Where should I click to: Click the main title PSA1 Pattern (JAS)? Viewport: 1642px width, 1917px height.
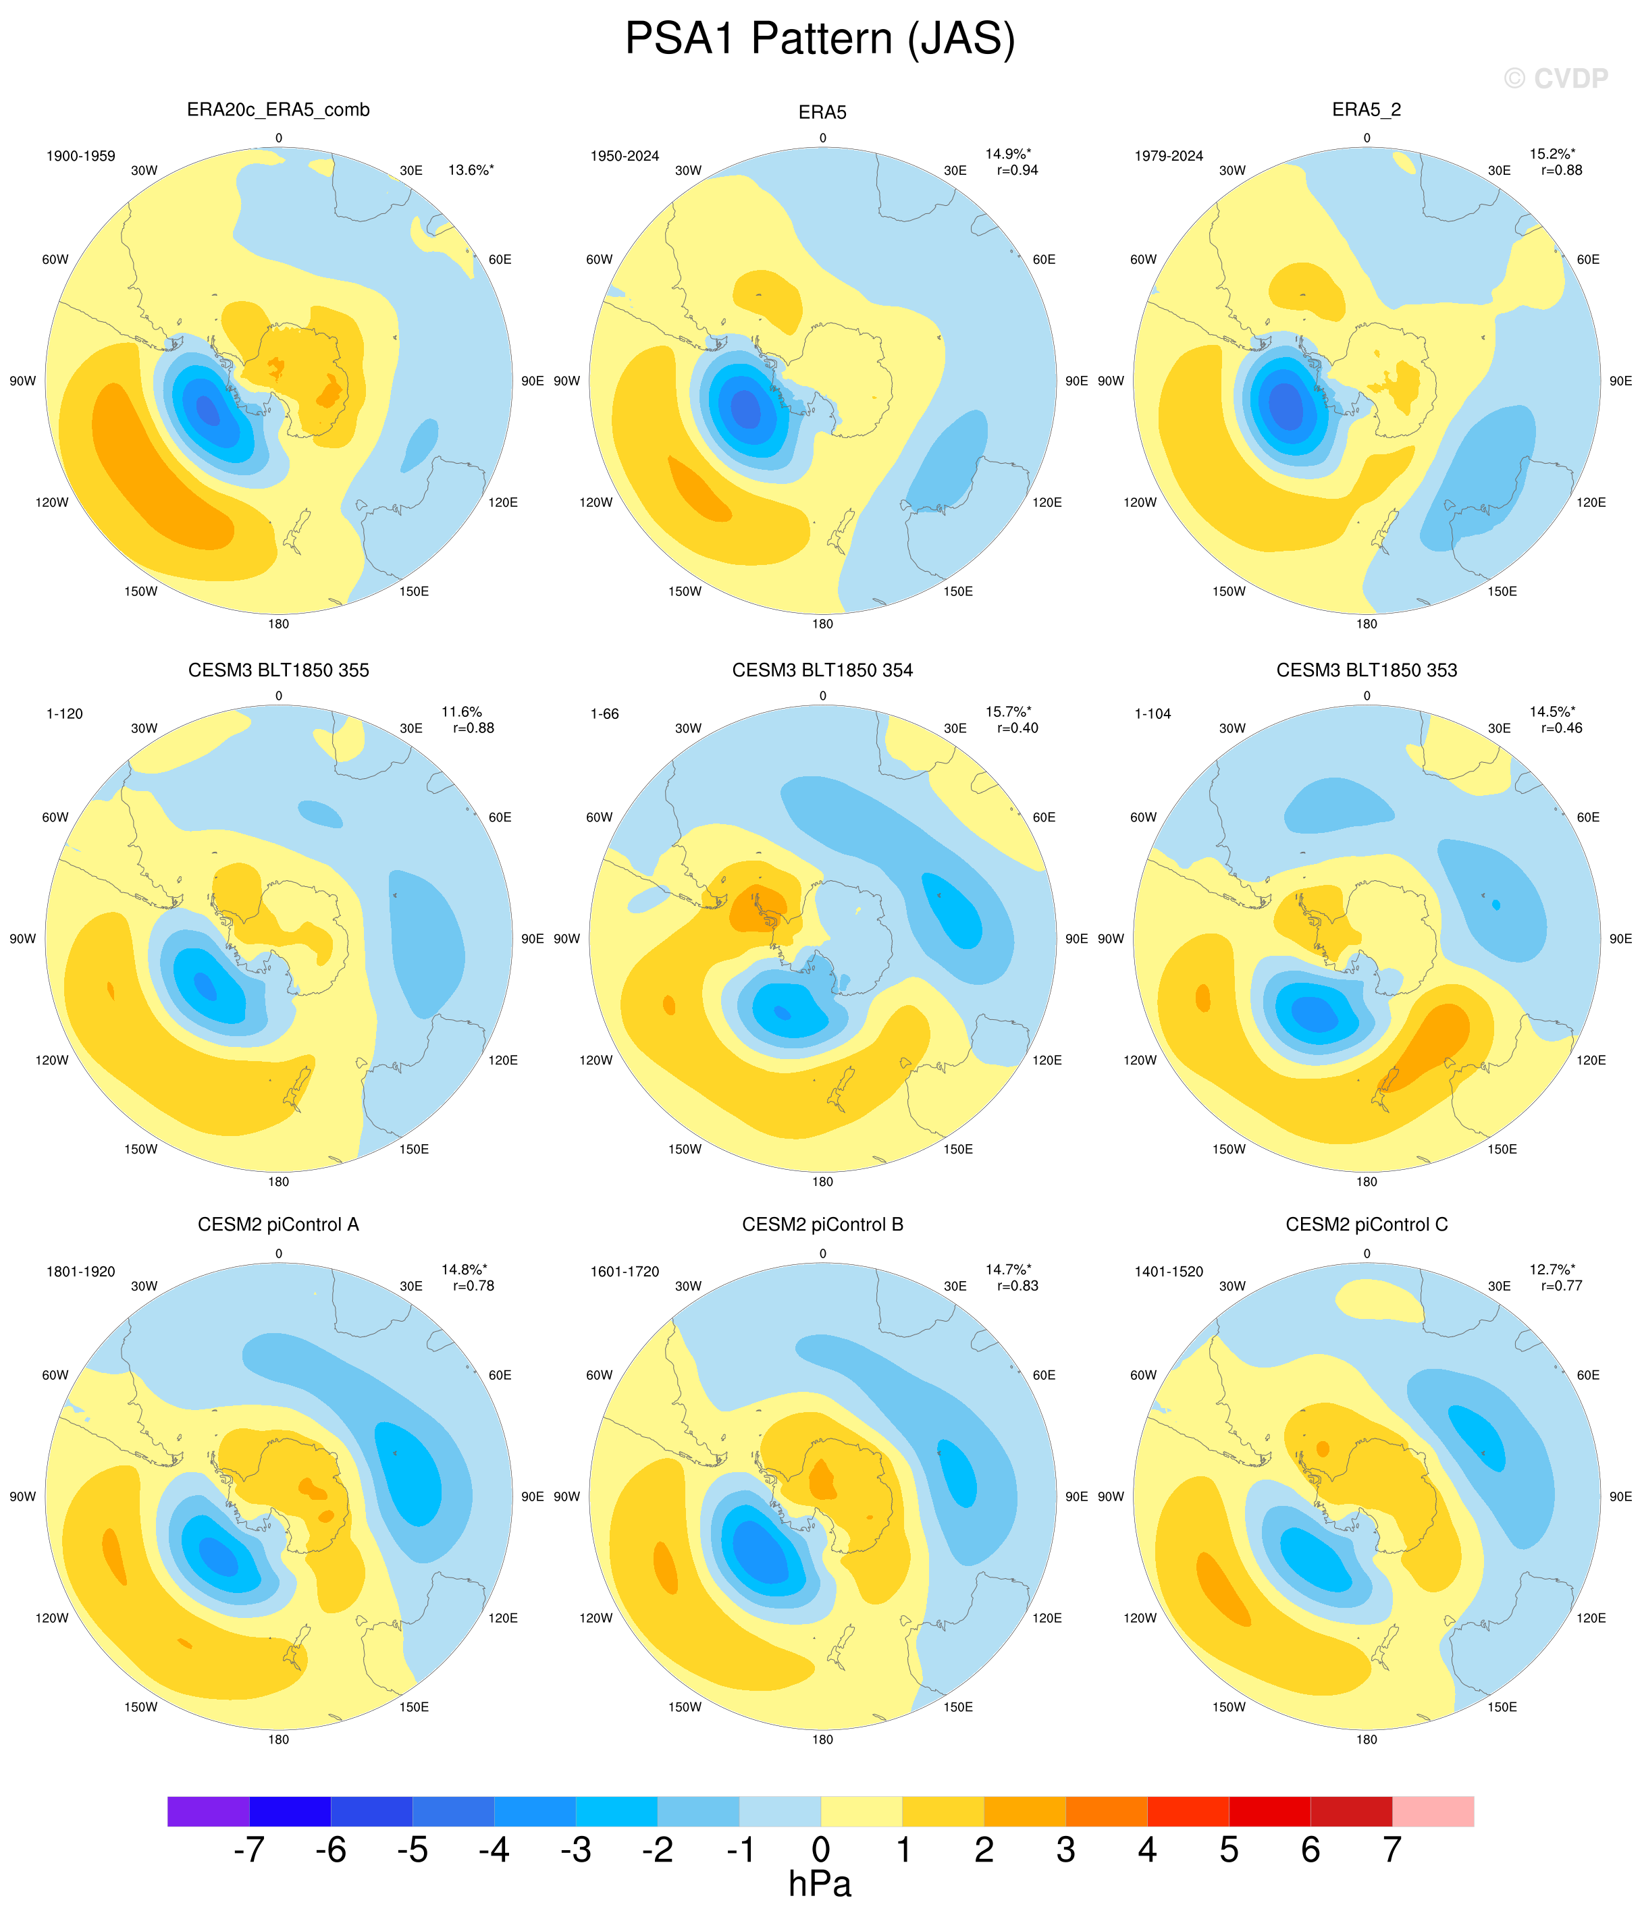coord(820,40)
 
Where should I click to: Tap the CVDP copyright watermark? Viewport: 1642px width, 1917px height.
coord(1556,79)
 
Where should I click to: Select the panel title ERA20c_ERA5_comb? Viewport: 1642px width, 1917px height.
coord(279,110)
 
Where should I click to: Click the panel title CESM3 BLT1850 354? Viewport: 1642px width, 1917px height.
coord(822,670)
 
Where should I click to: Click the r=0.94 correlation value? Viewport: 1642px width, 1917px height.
coord(1017,170)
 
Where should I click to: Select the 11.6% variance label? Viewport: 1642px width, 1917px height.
coord(462,711)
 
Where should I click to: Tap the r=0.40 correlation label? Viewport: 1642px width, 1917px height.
coord(1017,728)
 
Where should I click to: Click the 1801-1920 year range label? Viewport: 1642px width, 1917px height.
coord(82,1271)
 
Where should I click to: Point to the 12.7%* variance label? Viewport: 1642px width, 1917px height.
coord(1552,1270)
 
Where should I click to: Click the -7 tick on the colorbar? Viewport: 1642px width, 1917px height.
coord(249,1850)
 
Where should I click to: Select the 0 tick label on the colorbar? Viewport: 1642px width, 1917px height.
coord(821,1850)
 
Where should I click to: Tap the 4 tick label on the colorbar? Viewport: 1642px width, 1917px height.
coord(1147,1850)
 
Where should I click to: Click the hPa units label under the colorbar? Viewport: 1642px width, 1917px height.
coord(820,1885)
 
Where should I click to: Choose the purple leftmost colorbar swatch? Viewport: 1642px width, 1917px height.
coord(208,1810)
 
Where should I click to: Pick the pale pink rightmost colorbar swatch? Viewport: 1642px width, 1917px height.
coord(1433,1810)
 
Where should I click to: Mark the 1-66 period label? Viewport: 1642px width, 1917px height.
coord(604,714)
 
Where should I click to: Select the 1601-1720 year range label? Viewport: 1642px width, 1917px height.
coord(625,1271)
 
